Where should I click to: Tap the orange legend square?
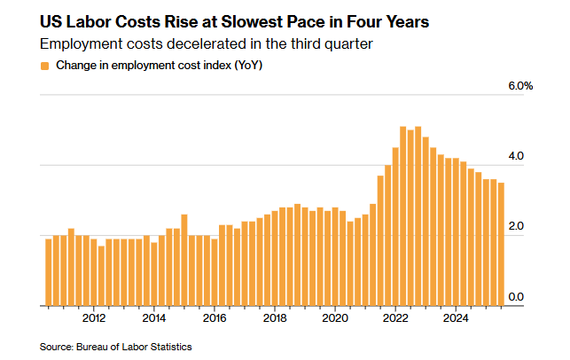click(45, 66)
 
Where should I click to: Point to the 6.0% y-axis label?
click(519, 87)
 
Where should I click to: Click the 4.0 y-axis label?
click(516, 157)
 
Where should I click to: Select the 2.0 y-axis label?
click(516, 227)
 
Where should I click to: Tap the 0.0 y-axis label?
click(516, 297)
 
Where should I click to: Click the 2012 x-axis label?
click(94, 318)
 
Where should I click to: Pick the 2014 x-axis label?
click(154, 318)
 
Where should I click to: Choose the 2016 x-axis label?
click(215, 318)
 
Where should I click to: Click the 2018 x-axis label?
click(275, 318)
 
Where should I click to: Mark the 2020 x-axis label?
click(335, 318)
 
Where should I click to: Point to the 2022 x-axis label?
click(395, 318)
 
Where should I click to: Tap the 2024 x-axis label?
click(456, 318)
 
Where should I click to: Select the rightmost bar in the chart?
click(501, 244)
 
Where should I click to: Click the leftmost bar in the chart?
click(49, 271)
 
